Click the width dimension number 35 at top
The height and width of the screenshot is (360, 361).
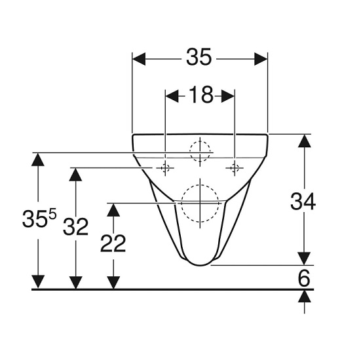(199, 58)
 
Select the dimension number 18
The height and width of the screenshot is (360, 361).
(200, 96)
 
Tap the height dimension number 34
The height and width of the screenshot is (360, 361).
(303, 202)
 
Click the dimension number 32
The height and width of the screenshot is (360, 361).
(76, 227)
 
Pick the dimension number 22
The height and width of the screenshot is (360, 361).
(113, 243)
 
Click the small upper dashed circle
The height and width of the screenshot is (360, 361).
(200, 151)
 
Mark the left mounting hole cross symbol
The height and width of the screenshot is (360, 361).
(165, 168)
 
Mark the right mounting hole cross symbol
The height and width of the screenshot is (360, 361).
(234, 168)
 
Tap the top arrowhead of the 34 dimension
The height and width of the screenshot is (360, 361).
(303, 140)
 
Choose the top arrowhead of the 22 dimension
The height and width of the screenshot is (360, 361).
(113, 209)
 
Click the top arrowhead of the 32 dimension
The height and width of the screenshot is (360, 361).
(76, 175)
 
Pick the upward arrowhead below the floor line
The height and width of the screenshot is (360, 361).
(303, 296)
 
